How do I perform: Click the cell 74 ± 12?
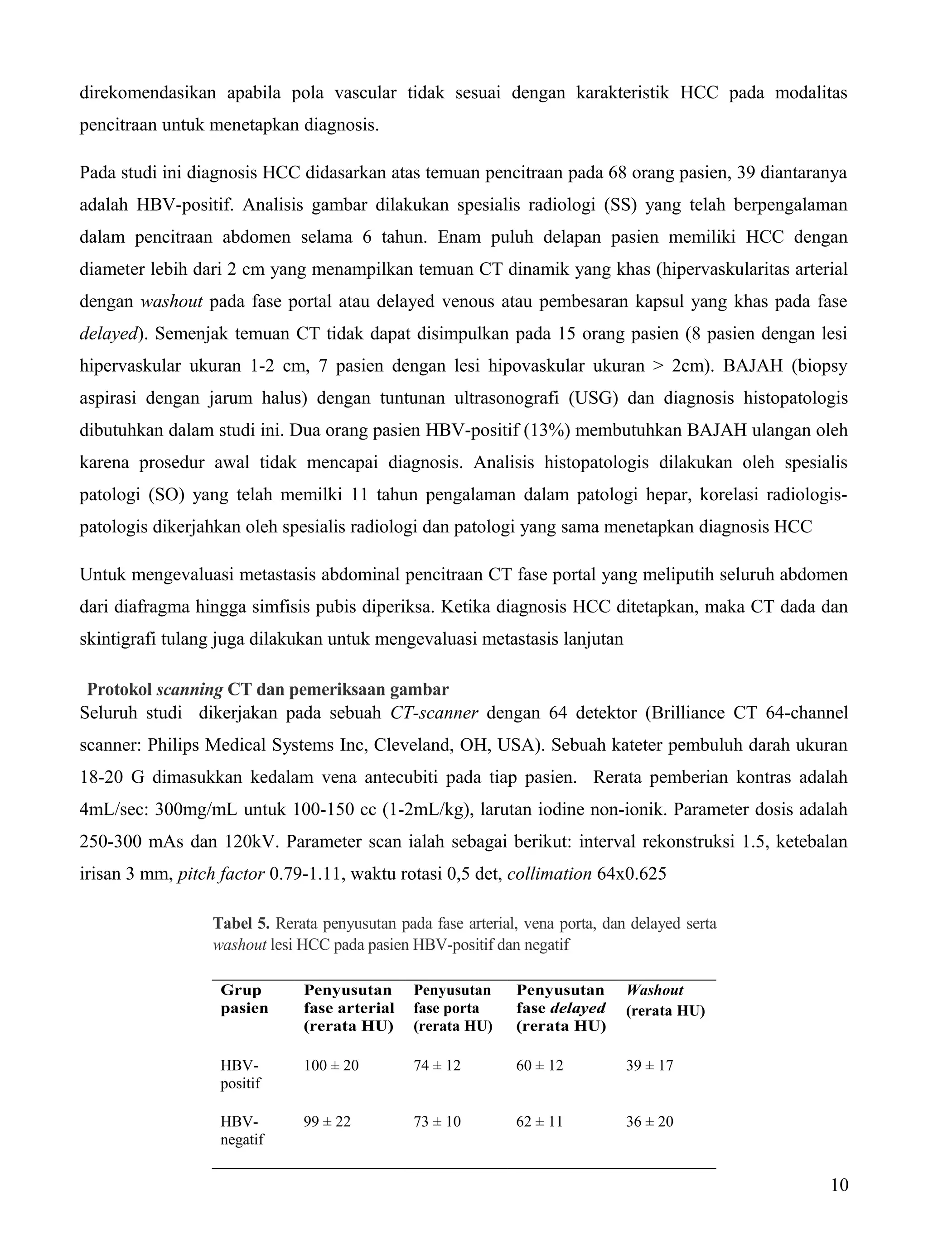click(x=437, y=1065)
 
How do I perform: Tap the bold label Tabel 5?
click(x=241, y=924)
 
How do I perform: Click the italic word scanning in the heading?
click(x=189, y=689)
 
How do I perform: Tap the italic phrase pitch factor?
click(x=221, y=874)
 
